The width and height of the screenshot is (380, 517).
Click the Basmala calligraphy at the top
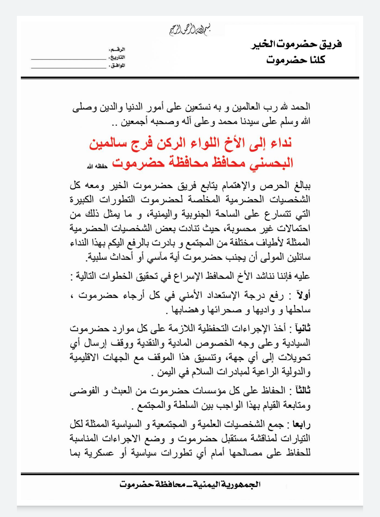(190, 30)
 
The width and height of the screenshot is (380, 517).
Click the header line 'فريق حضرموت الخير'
(296, 44)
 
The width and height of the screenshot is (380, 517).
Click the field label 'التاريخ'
(117, 57)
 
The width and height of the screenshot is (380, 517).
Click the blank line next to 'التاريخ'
(69, 59)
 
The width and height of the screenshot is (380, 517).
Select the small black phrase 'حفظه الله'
(97, 166)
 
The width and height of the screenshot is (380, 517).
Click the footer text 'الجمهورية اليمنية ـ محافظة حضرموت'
(190, 485)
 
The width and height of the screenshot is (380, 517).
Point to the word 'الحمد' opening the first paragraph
(301, 107)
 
